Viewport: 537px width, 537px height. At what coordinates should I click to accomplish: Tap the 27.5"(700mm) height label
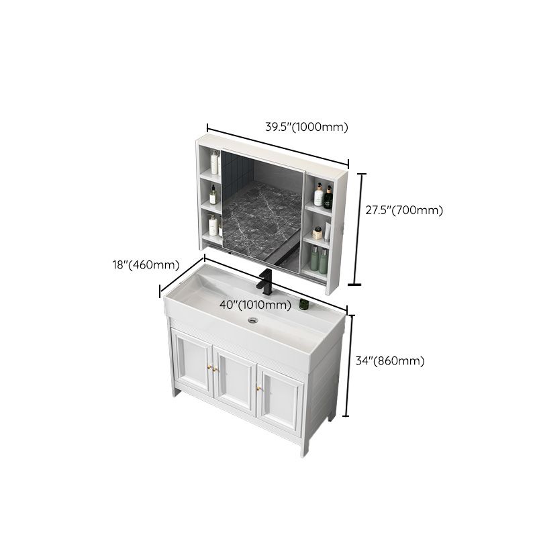(x=404, y=210)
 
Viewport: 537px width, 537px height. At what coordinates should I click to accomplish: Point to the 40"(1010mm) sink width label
(x=256, y=305)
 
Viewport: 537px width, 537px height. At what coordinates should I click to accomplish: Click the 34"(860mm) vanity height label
(x=390, y=361)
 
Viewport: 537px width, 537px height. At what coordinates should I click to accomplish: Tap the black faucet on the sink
(x=266, y=282)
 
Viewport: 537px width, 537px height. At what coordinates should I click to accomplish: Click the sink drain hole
(x=253, y=320)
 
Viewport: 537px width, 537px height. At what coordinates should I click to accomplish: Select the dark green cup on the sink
(x=303, y=305)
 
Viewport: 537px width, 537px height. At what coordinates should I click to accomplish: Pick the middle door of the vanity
(x=234, y=379)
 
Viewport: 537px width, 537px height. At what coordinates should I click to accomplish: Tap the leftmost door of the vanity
(x=191, y=363)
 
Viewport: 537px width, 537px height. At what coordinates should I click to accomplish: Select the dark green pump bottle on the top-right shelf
(x=328, y=197)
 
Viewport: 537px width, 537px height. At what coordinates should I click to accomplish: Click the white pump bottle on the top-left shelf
(x=215, y=162)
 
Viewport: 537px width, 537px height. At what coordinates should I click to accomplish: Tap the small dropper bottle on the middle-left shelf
(x=213, y=196)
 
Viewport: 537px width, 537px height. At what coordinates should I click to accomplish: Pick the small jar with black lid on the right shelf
(x=318, y=233)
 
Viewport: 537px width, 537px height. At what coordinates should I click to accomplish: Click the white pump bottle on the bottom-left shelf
(x=213, y=225)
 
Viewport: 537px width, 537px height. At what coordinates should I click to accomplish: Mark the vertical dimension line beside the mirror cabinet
(x=359, y=229)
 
